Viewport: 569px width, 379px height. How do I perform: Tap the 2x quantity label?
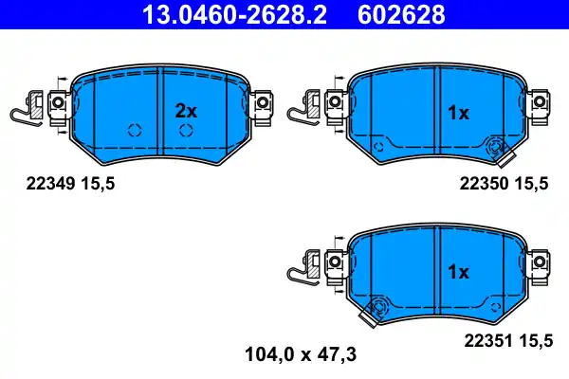[x=186, y=111]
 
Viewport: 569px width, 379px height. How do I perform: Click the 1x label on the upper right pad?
[x=458, y=113]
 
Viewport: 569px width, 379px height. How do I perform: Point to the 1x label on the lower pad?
[x=458, y=272]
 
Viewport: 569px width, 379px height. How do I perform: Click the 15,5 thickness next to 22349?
[x=98, y=187]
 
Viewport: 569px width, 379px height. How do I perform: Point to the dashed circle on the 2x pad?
[x=134, y=131]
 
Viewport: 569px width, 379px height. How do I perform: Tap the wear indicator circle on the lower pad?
[x=379, y=306]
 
